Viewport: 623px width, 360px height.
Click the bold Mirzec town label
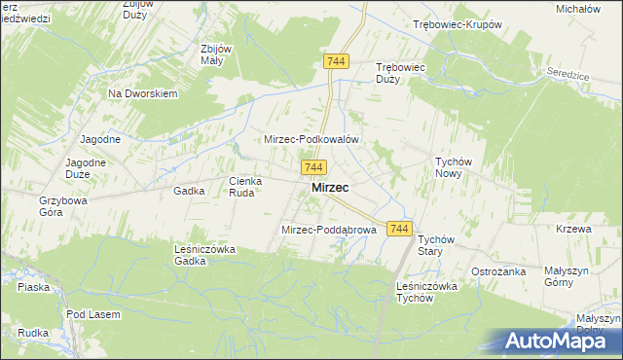pyautogui.click(x=330, y=188)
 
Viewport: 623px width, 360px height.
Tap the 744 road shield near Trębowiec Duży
pyautogui.click(x=336, y=61)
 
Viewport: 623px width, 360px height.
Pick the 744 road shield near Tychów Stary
pyautogui.click(x=398, y=228)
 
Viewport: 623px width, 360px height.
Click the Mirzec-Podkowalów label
pyautogui.click(x=312, y=139)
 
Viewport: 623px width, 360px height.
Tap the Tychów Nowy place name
pyautogui.click(x=454, y=166)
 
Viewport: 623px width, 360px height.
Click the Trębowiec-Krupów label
pyautogui.click(x=457, y=24)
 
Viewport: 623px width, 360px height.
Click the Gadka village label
pyautogui.click(x=189, y=191)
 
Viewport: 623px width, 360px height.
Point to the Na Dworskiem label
pyautogui.click(x=142, y=93)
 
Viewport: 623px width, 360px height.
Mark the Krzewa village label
pyautogui.click(x=574, y=229)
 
